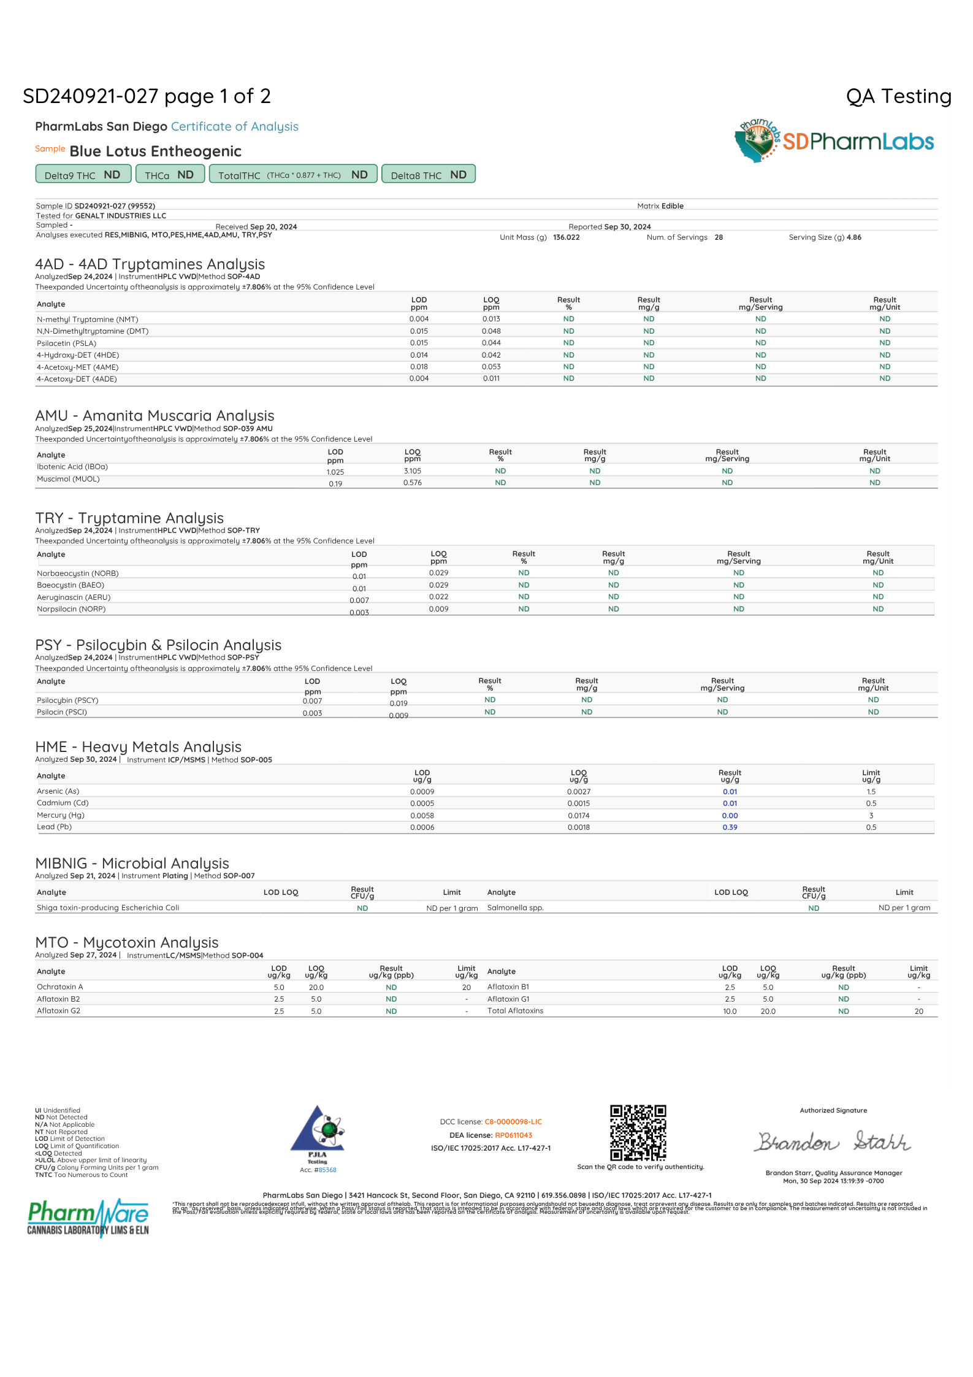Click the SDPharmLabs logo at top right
pyautogui.click(x=834, y=140)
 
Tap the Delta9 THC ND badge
pyautogui.click(x=83, y=175)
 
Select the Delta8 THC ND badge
pyautogui.click(x=428, y=175)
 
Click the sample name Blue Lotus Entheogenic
pyautogui.click(x=155, y=152)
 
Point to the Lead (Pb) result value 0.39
pyautogui.click(x=730, y=827)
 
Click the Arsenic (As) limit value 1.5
pyautogui.click(x=871, y=792)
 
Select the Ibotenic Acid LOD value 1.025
pyautogui.click(x=335, y=472)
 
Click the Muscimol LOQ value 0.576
pyautogui.click(x=412, y=483)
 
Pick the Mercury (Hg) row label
pyautogui.click(x=61, y=815)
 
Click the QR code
pyautogui.click(x=638, y=1132)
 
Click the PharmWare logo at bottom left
pyautogui.click(x=88, y=1218)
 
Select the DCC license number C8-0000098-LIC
pyautogui.click(x=513, y=1122)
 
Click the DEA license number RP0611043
pyautogui.click(x=513, y=1135)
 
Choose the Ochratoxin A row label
pyautogui.click(x=59, y=987)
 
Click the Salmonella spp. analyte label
pyautogui.click(x=515, y=908)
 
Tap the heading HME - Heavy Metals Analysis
pyautogui.click(x=138, y=746)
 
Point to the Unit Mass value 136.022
pyautogui.click(x=566, y=237)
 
